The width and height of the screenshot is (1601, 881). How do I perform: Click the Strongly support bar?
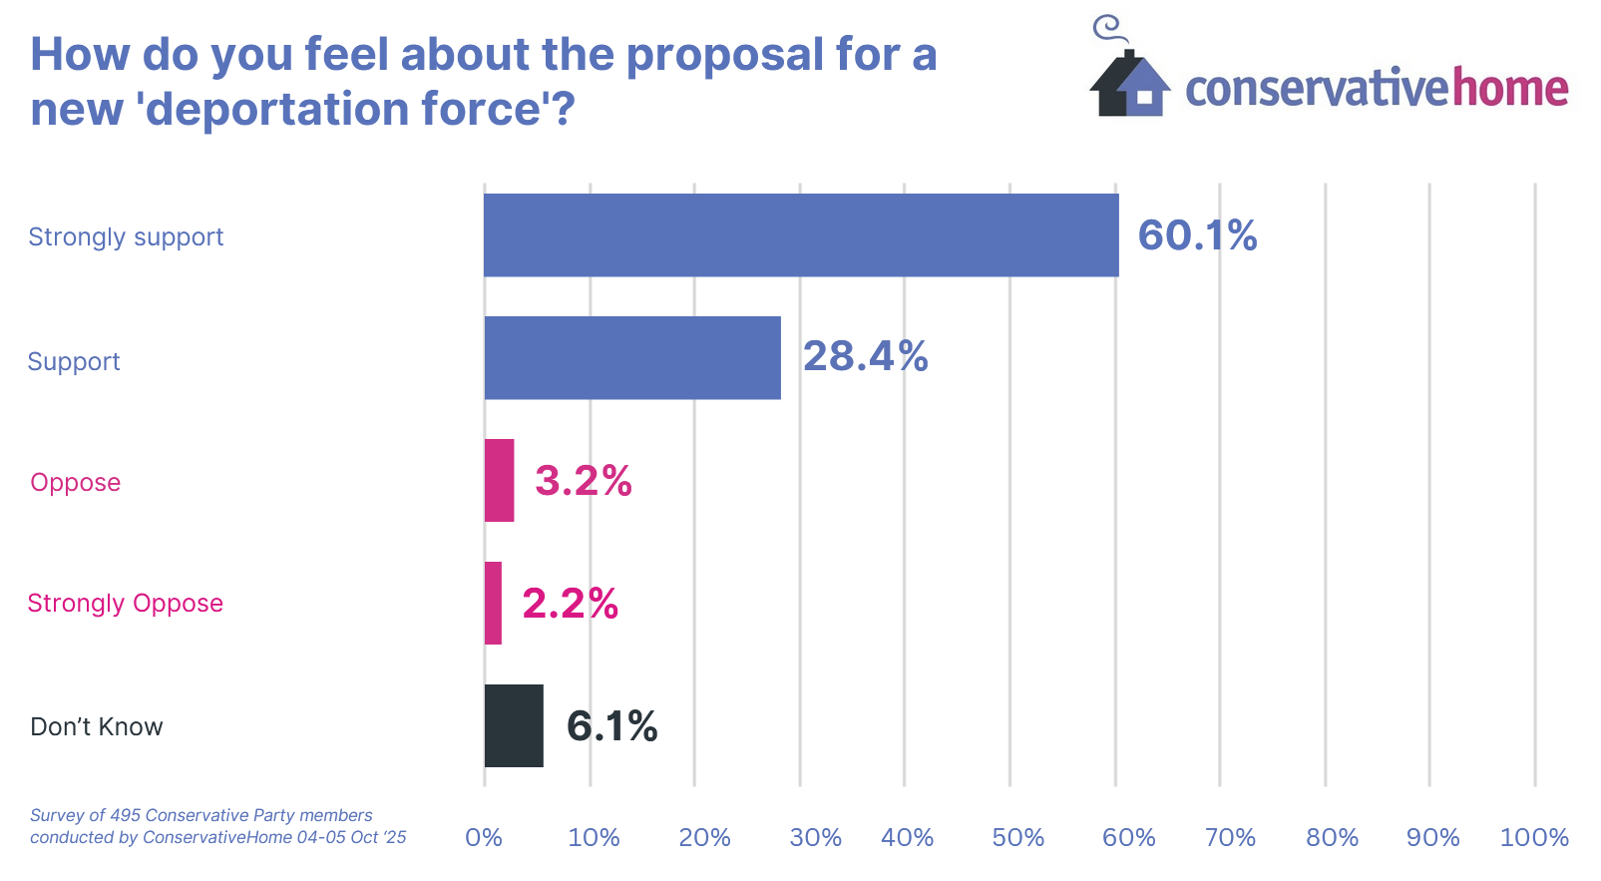801,235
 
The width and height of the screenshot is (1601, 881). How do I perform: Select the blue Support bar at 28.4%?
632,358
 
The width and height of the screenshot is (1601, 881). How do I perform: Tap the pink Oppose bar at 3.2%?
499,481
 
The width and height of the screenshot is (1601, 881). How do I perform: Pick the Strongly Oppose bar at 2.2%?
493,603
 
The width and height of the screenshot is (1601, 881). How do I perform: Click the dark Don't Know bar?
514,725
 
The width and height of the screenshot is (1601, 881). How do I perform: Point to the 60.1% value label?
1197,235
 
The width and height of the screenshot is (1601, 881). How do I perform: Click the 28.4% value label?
865,356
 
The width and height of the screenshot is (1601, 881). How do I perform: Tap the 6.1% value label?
611,726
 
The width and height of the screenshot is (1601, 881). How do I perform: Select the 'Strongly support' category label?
126,237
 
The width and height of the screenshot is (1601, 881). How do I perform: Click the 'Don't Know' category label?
97,726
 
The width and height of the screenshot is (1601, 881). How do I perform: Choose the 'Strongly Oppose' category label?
125,604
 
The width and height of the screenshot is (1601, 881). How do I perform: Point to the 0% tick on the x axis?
484,837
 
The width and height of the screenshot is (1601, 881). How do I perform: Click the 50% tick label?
1017,837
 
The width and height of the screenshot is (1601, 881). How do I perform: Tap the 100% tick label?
1534,837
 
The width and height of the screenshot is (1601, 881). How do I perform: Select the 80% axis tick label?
1332,837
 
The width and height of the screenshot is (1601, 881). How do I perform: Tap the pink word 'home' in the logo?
1510,89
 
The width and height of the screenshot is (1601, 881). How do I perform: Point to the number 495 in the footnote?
126,815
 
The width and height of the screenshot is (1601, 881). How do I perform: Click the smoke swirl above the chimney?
1107,27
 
